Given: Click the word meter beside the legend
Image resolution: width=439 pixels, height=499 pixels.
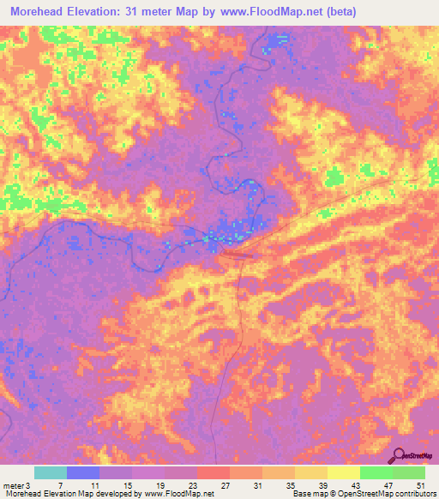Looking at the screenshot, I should point(13,486).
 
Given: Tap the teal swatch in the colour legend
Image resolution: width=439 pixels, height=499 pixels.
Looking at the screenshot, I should point(51,472).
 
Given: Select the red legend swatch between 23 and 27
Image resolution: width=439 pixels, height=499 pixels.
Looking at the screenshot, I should point(213,472).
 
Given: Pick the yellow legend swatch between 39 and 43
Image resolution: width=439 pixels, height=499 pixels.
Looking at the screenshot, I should point(344,472).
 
